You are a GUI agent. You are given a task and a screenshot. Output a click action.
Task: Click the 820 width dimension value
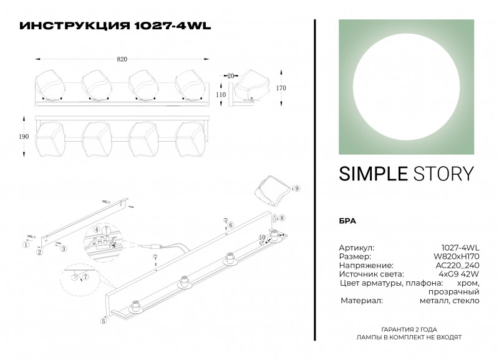point(122,59)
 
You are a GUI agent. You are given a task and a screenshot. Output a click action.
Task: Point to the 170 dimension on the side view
point(281,88)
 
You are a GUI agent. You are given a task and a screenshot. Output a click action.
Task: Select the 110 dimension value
point(220,95)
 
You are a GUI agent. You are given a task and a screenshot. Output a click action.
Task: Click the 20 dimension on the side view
point(231,75)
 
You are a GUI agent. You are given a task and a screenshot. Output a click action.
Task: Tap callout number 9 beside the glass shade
point(297,188)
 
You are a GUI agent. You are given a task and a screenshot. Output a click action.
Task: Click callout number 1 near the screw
point(26,245)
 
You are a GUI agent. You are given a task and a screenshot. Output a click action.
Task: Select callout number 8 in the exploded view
point(282,218)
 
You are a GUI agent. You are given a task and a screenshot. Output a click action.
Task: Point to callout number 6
point(230,225)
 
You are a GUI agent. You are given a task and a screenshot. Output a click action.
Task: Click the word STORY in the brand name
point(443,173)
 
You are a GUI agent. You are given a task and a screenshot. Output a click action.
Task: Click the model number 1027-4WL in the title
point(173,26)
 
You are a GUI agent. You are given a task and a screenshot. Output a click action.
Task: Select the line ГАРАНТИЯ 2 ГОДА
point(409,329)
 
